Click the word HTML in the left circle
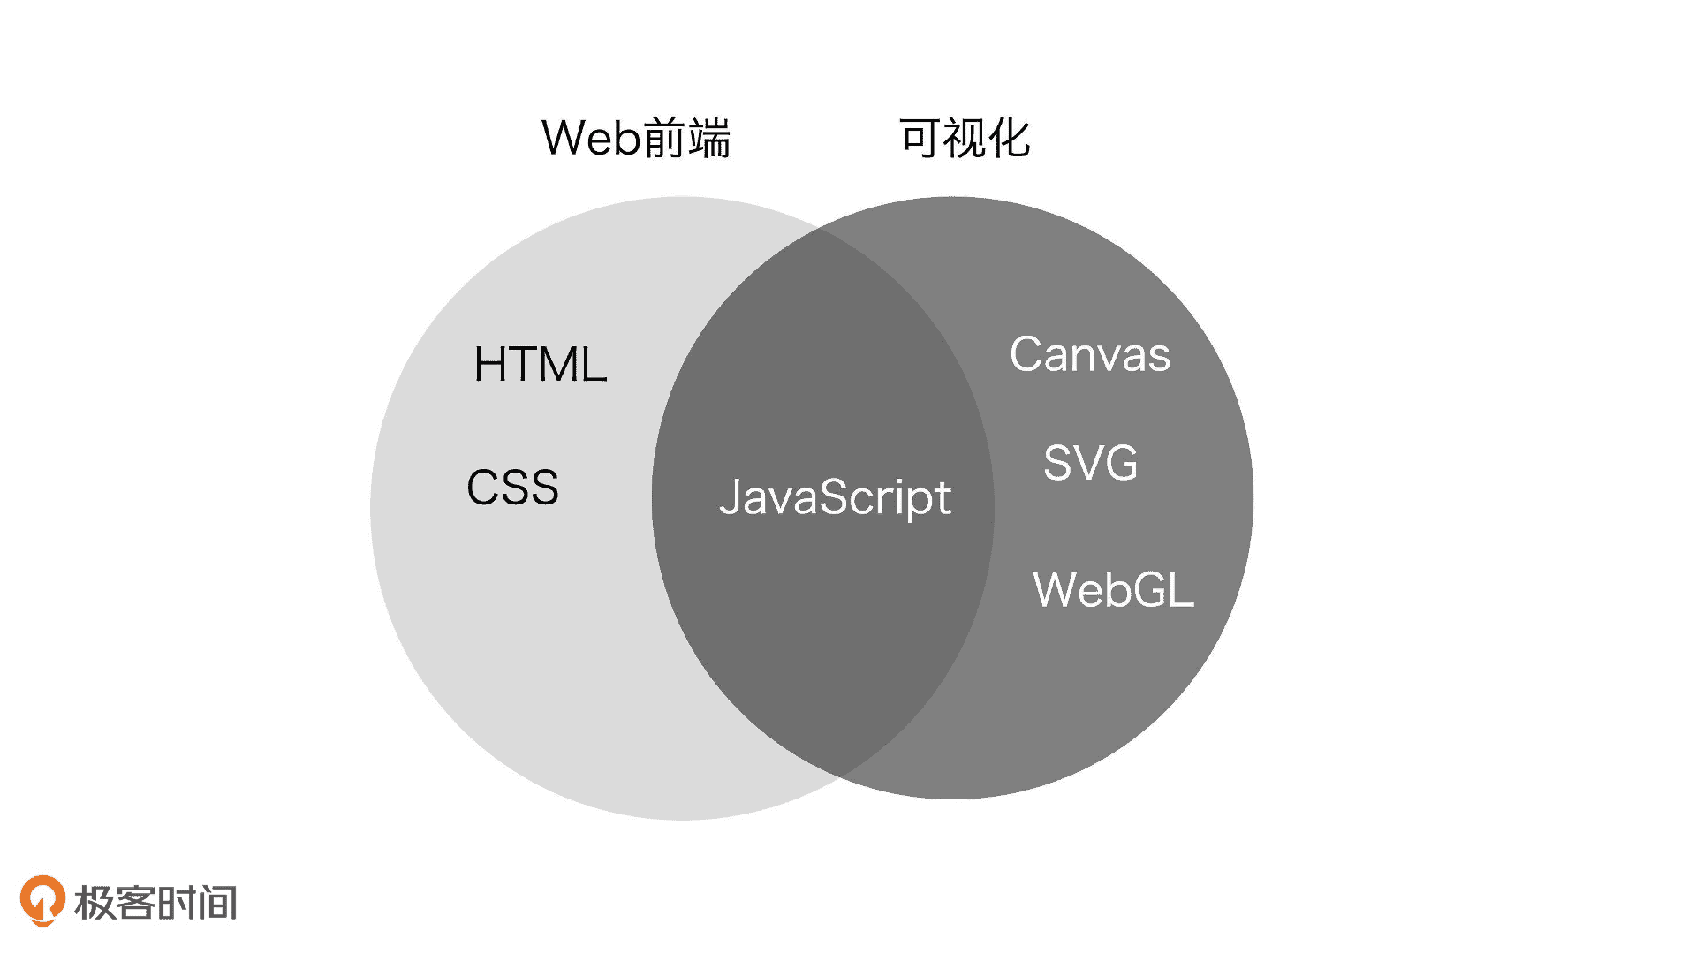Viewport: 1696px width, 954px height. pyautogui.click(x=540, y=364)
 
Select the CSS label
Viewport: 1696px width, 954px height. pyautogui.click(x=512, y=488)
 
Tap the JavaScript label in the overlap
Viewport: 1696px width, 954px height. pyautogui.click(x=835, y=497)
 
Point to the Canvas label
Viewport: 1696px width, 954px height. pyautogui.click(x=1089, y=355)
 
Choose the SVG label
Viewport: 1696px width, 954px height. pyautogui.click(x=1090, y=463)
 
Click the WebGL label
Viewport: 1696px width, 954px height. pyautogui.click(x=1113, y=589)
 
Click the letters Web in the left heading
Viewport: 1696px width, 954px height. pyautogui.click(x=589, y=139)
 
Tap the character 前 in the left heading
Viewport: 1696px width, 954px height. pyautogui.click(x=663, y=139)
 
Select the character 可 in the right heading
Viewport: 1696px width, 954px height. pyautogui.click(x=920, y=139)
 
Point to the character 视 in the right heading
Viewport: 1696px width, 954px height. pyautogui.click(x=965, y=139)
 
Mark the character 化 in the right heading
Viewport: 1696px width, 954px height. pyautogui.click(x=1009, y=139)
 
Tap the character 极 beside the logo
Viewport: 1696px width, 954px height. pyautogui.click(x=95, y=903)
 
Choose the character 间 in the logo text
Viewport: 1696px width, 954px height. pyautogui.click(x=218, y=903)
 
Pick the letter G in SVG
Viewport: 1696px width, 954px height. pyautogui.click(x=1119, y=463)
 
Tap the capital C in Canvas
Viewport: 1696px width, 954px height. pyautogui.click(x=1027, y=355)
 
